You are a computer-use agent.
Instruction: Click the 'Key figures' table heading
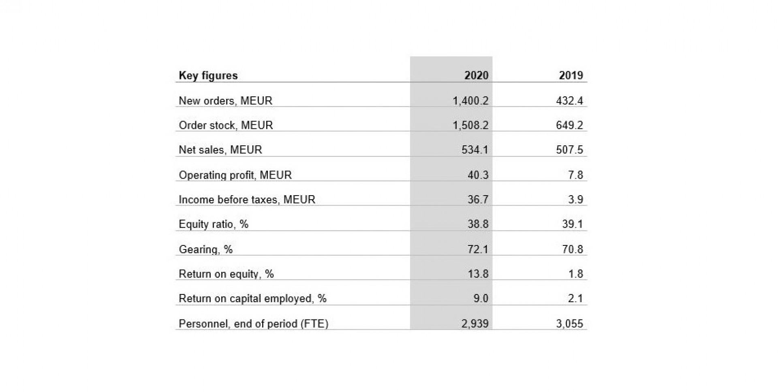[208, 76]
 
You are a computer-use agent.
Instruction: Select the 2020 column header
[476, 75]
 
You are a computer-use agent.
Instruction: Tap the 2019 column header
[571, 75]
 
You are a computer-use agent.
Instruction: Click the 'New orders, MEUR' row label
[225, 101]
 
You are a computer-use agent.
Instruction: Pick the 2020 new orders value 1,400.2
[470, 101]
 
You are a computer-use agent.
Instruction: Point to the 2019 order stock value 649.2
[569, 125]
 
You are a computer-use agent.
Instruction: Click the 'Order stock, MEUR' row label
[226, 125]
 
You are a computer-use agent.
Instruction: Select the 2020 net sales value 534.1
[475, 150]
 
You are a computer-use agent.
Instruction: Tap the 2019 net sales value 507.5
[569, 150]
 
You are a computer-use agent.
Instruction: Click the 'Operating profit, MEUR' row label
[235, 175]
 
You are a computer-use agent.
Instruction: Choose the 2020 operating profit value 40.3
[478, 175]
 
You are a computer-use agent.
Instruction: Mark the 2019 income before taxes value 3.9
[575, 199]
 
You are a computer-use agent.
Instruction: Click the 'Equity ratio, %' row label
[214, 224]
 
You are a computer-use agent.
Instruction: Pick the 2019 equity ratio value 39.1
[572, 224]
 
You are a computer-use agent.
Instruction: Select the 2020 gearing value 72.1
[478, 249]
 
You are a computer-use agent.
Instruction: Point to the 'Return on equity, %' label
[226, 274]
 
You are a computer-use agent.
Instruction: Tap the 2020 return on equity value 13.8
[478, 274]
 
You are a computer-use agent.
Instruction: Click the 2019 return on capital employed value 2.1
[575, 298]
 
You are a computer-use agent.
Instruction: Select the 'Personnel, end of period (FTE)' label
[253, 324]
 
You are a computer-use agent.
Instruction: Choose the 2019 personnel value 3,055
[569, 324]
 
